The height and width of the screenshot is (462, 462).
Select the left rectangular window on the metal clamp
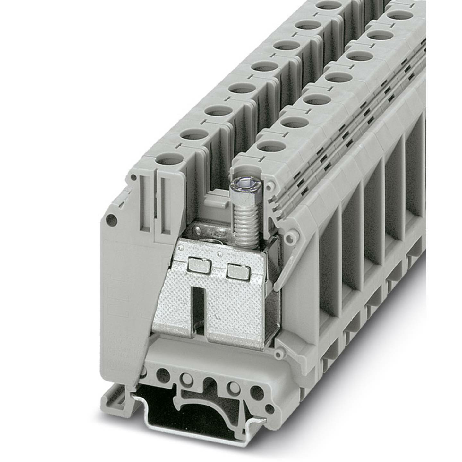pyautogui.click(x=199, y=265)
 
